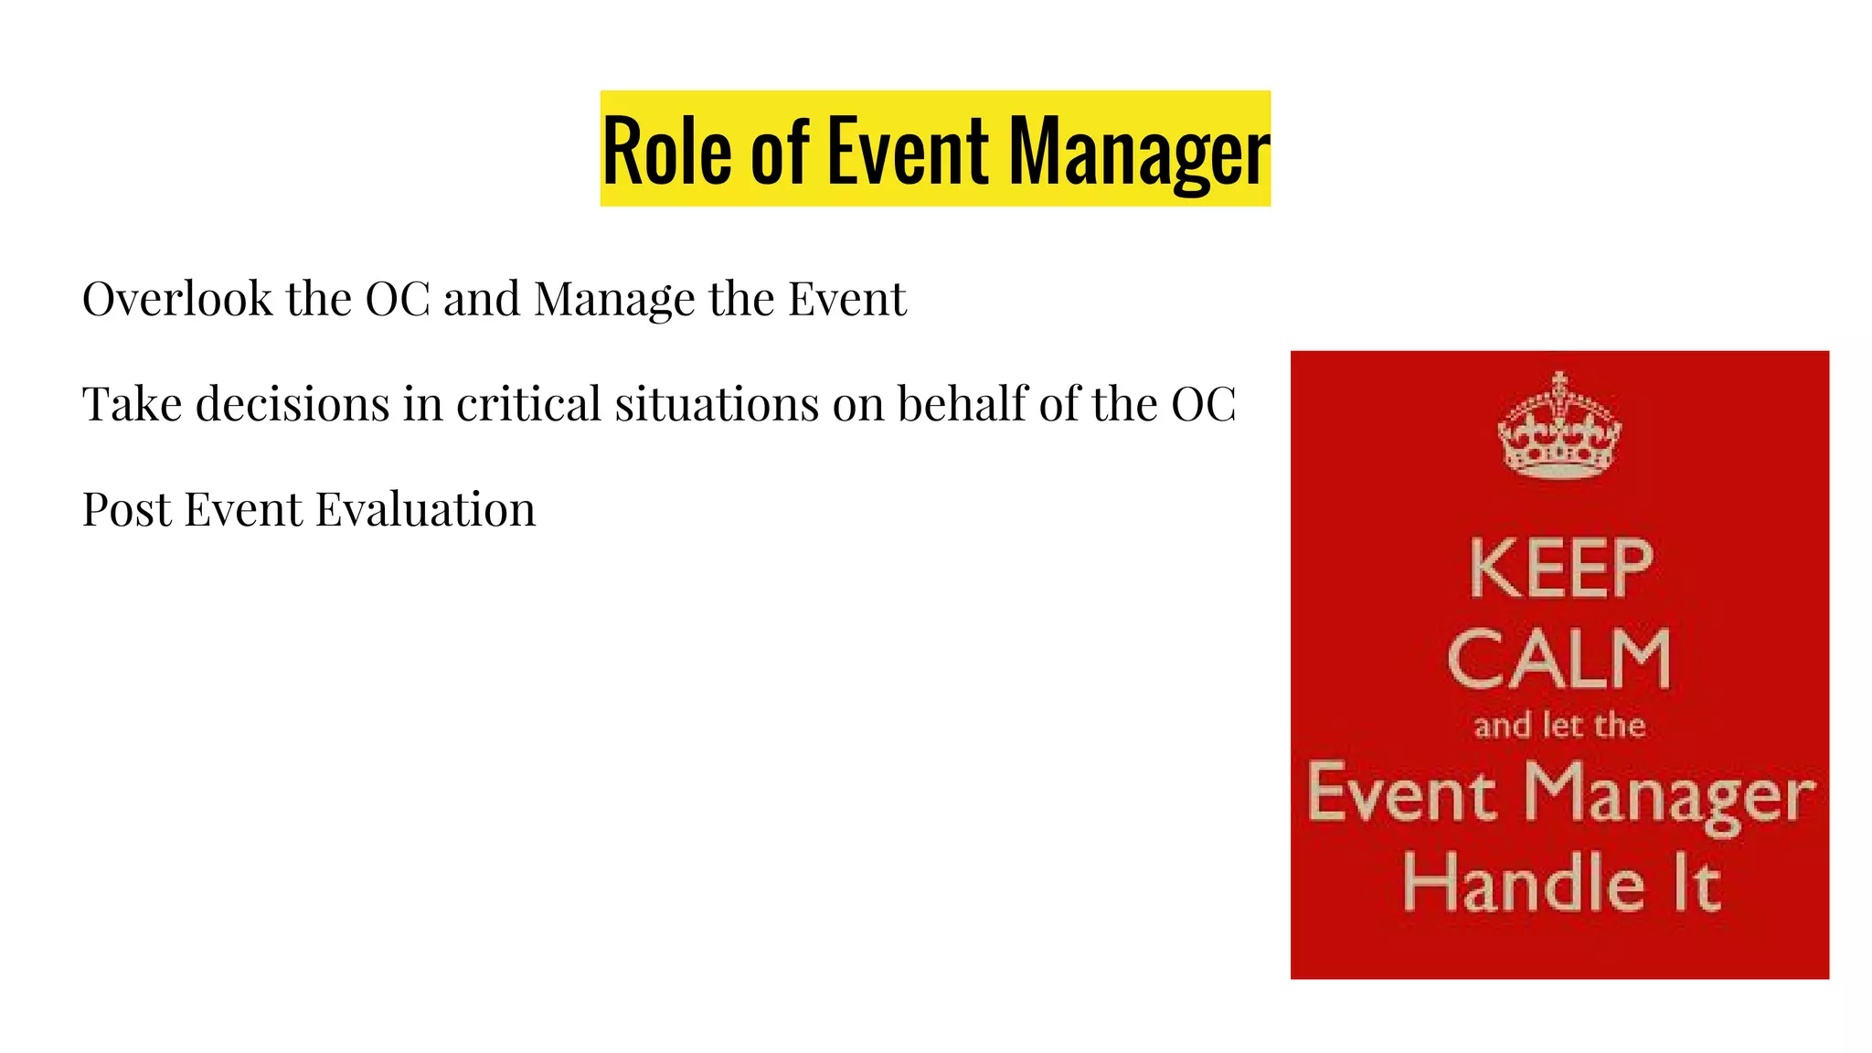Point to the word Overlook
click(177, 299)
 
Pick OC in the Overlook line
click(397, 299)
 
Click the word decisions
click(292, 404)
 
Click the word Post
click(126, 509)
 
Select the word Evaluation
click(426, 509)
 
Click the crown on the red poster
click(1559, 426)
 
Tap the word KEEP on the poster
click(1561, 569)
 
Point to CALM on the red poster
click(1559, 659)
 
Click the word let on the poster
click(1561, 726)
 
